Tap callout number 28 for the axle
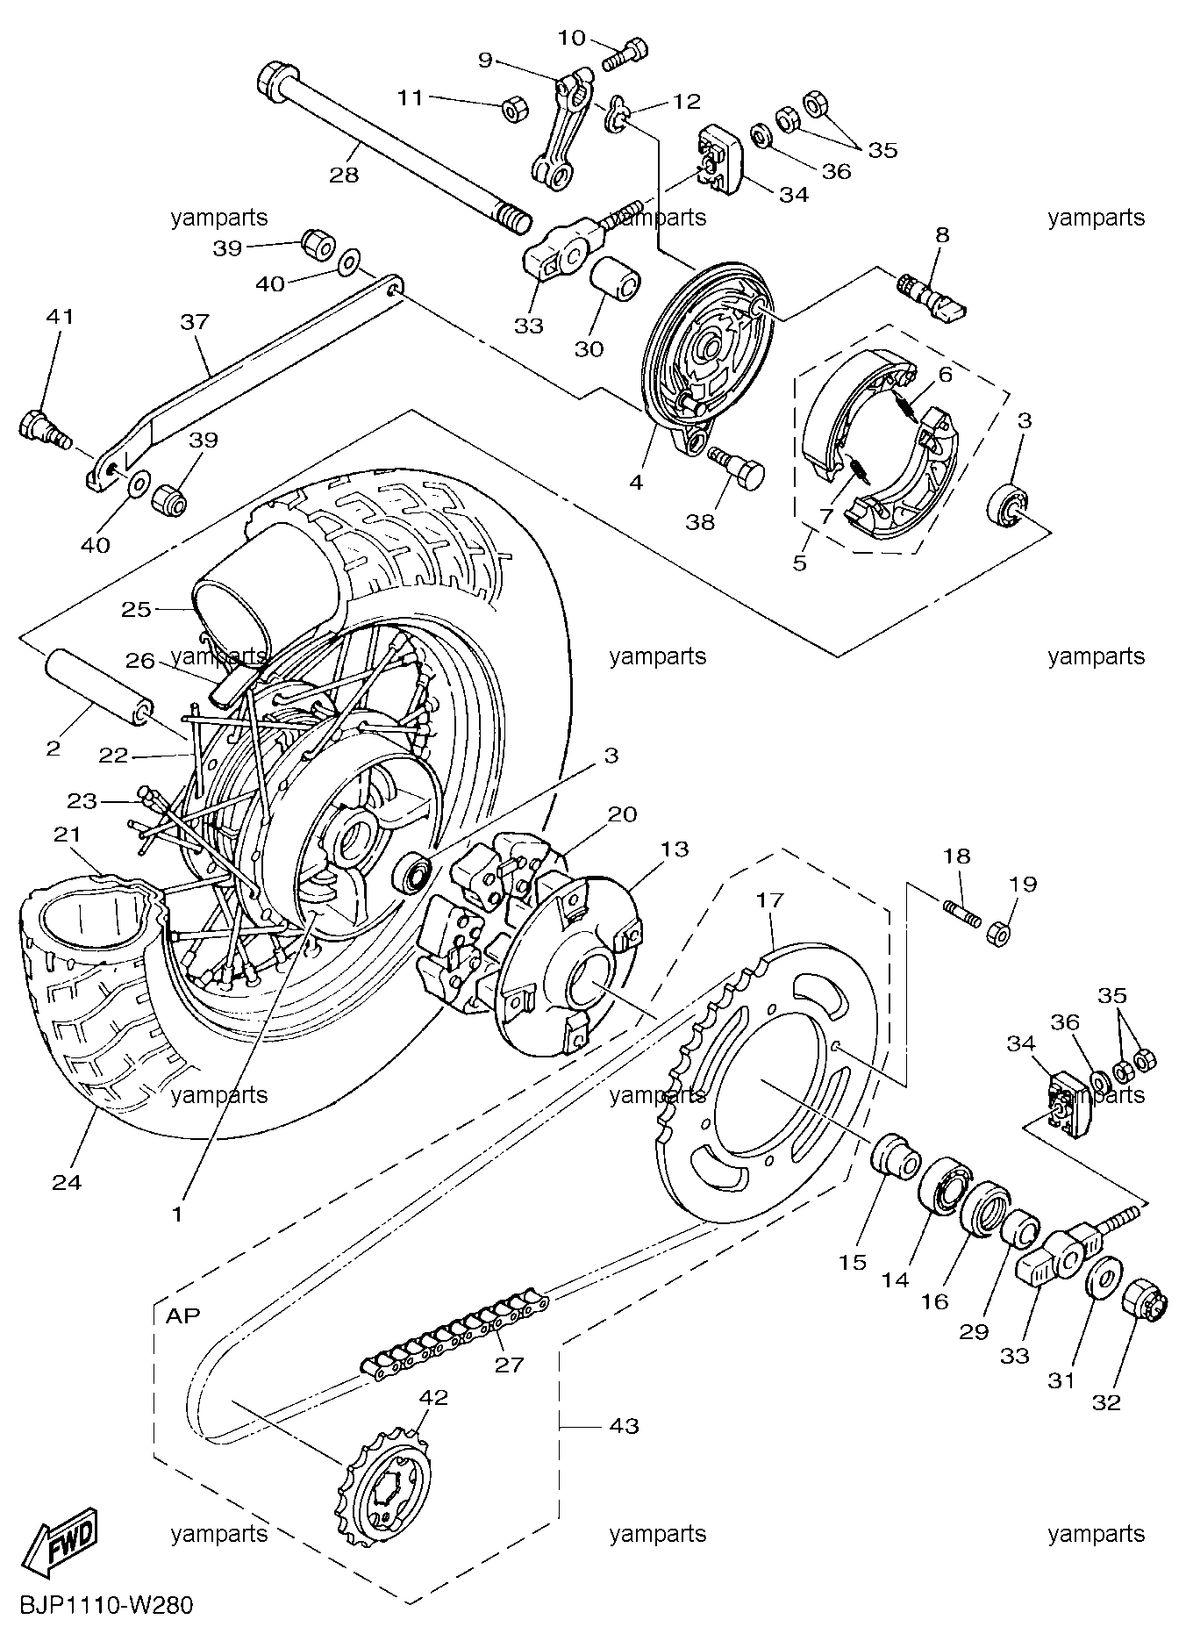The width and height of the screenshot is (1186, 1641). click(345, 176)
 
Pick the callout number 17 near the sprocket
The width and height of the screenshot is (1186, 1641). click(769, 901)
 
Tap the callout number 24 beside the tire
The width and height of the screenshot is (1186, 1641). click(67, 1182)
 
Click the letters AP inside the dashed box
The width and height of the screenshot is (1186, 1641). click(183, 1315)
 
